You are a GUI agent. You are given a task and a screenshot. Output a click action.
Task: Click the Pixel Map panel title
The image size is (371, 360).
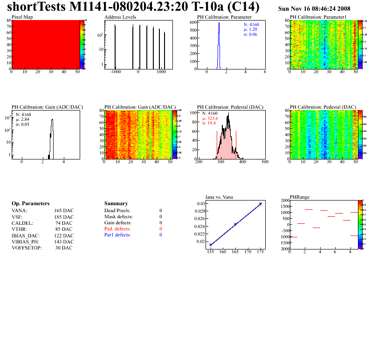22,17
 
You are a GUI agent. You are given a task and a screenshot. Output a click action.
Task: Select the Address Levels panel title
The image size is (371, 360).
120,17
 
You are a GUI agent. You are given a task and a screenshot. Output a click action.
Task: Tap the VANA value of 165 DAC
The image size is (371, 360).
64,210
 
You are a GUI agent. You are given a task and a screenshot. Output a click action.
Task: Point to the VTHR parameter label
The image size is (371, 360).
19,229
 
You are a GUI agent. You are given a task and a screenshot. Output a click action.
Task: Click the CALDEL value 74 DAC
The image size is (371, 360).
65,223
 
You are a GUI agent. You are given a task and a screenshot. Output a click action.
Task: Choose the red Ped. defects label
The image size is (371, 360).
117,229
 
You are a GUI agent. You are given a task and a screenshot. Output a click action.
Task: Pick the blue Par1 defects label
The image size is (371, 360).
117,235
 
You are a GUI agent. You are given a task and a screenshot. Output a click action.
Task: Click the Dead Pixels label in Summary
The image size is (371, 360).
117,210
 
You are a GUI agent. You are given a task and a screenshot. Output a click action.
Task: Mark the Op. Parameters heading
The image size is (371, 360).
30,203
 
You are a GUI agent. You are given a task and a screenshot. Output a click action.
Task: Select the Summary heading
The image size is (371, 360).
116,203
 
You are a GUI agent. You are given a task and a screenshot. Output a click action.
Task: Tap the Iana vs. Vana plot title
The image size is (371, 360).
220,197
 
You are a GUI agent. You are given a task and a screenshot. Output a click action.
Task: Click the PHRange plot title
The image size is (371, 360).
299,197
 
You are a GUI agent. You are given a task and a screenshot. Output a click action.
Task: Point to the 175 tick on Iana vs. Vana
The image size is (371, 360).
260,252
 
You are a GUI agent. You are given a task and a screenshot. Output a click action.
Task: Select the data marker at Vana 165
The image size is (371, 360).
235,224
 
